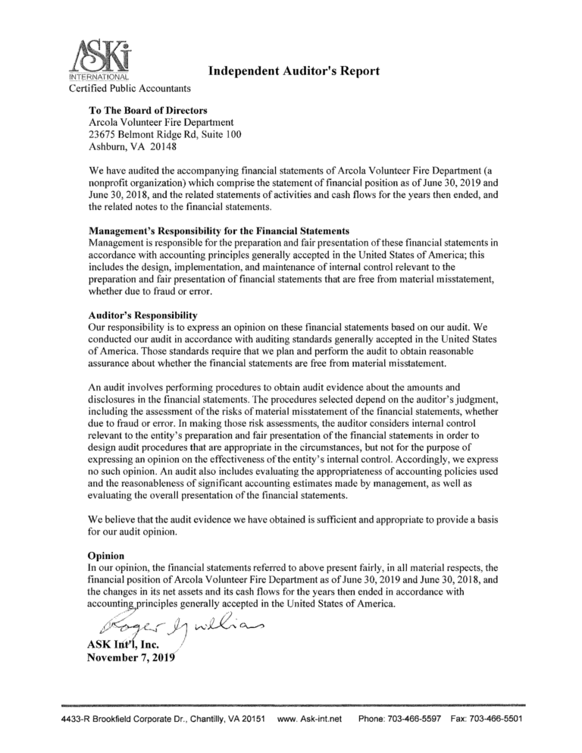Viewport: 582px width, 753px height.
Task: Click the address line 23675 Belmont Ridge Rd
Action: (x=152, y=135)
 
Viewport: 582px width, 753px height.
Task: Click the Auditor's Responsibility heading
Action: (x=142, y=314)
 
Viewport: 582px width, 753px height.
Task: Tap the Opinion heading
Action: (x=107, y=555)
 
